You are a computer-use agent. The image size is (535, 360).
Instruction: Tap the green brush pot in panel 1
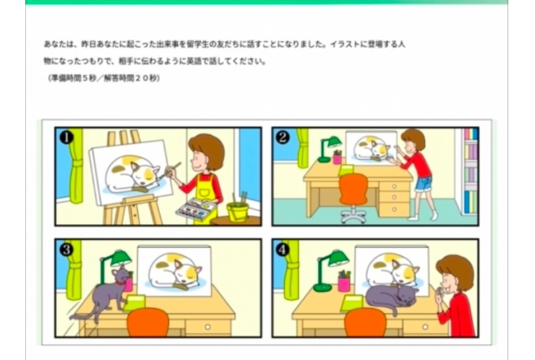(237, 211)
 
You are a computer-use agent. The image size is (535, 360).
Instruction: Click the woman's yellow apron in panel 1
(205, 189)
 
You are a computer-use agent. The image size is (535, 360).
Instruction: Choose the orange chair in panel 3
(147, 322)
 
